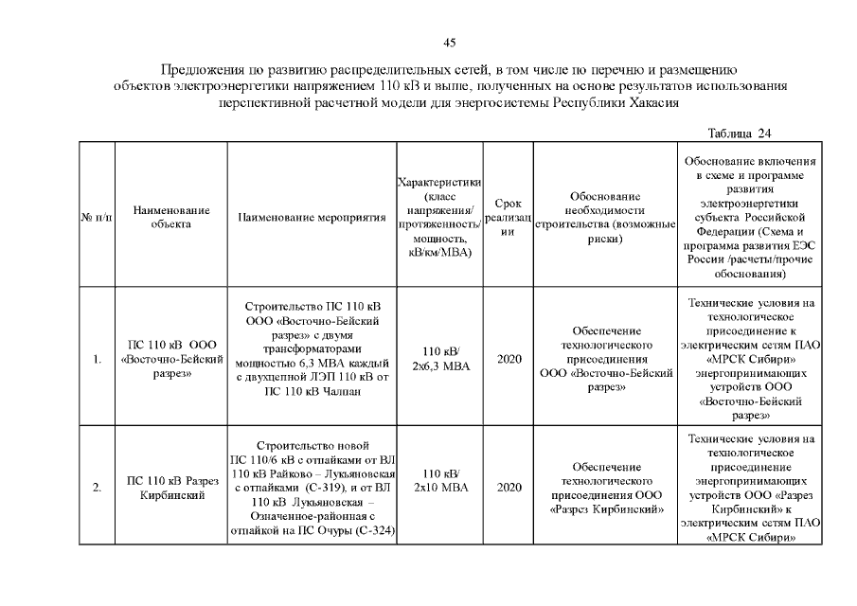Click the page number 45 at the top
[450, 42]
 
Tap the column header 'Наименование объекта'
[171, 217]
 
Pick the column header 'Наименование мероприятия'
[312, 218]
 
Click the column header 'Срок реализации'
[509, 218]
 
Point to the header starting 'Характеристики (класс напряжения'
[440, 217]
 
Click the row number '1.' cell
[98, 360]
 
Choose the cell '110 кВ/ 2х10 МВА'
[441, 480]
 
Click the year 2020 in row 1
[509, 360]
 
